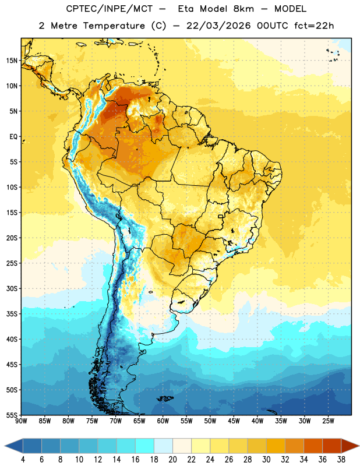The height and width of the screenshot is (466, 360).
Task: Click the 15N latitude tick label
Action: point(12,61)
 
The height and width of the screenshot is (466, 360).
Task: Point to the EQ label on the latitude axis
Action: point(13,137)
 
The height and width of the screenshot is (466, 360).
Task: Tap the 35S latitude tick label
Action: point(12,314)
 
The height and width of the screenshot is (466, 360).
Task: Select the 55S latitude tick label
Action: point(12,415)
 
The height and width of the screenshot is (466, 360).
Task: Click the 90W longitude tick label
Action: point(21,421)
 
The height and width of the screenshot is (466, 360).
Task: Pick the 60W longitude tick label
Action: point(163,421)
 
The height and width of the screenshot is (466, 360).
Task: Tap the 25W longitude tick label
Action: point(328,421)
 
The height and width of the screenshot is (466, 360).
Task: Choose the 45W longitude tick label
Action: point(234,421)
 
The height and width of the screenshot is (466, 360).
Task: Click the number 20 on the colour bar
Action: point(172,460)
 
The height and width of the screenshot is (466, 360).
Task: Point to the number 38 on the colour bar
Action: point(341,460)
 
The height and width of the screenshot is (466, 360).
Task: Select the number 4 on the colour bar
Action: point(23,460)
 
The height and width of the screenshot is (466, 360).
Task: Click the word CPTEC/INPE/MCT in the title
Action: point(110,9)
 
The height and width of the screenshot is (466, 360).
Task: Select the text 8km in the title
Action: point(243,9)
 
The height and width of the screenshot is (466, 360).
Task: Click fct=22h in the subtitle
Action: point(314,26)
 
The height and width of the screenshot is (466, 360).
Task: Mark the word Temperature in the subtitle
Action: point(114,26)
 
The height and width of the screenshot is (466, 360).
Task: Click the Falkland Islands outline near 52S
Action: point(165,398)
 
